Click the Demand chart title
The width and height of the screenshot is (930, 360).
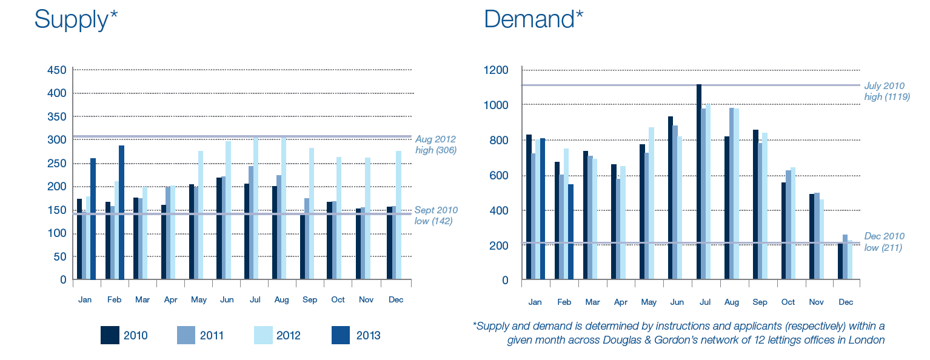click(x=533, y=19)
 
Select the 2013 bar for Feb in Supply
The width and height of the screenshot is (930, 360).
click(x=121, y=212)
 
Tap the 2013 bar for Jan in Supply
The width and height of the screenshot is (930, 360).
click(x=93, y=219)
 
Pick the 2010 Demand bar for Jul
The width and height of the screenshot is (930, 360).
click(x=699, y=182)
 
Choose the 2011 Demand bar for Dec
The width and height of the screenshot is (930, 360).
click(x=845, y=257)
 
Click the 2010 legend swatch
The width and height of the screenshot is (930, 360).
click(x=110, y=335)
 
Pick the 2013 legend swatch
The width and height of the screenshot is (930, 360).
click(x=341, y=335)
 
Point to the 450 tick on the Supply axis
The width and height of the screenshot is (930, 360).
click(x=56, y=70)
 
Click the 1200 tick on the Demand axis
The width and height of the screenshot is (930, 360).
click(x=496, y=70)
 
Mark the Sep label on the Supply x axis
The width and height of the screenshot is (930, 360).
click(x=309, y=300)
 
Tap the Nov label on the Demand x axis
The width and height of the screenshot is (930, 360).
click(x=817, y=302)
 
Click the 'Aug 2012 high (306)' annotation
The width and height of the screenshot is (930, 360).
click(x=435, y=145)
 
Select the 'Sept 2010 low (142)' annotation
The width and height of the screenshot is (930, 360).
click(x=436, y=216)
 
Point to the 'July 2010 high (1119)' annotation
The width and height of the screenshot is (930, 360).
click(x=887, y=92)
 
